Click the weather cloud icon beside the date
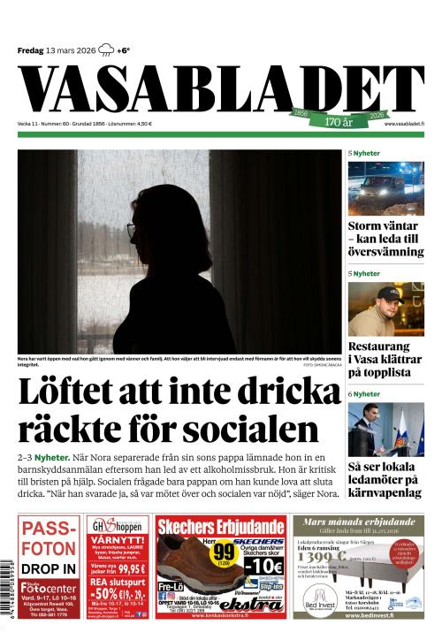pos(106,50)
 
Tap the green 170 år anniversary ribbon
pos(339,119)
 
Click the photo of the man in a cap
pos(385,309)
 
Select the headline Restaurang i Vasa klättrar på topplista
pos(385,360)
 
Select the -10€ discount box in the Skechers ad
pos(262,564)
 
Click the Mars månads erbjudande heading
pos(358,522)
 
